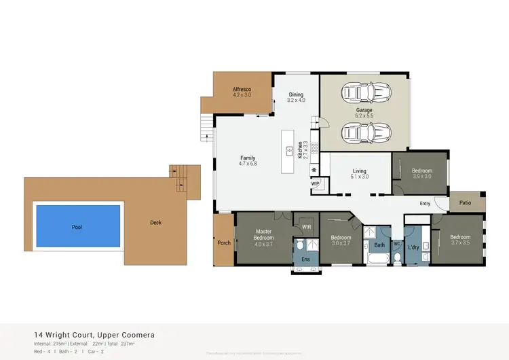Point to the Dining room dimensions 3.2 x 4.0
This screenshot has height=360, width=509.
[x=296, y=101]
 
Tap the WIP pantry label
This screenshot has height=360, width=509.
[x=315, y=183]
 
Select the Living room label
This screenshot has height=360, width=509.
[x=359, y=171]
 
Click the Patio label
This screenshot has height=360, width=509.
[x=465, y=202]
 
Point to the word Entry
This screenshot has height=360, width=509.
[x=425, y=203]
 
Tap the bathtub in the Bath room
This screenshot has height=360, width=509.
[x=378, y=259]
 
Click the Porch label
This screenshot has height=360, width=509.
[x=223, y=242]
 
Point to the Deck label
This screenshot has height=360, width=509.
[x=155, y=222]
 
